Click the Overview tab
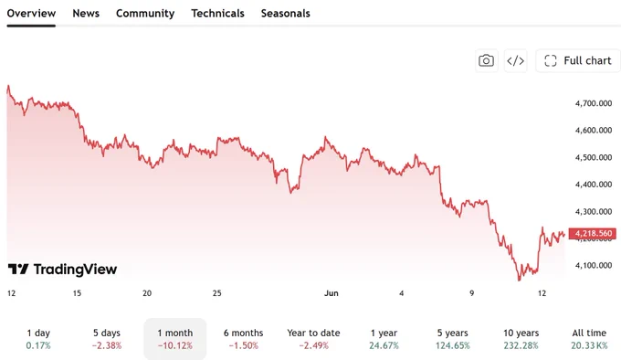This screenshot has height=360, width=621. click(31, 14)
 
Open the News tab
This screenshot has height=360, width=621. click(86, 14)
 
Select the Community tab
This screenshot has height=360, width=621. click(145, 14)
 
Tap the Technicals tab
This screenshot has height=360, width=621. click(218, 14)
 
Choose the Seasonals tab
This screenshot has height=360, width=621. click(286, 14)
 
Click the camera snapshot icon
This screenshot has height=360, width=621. click(487, 60)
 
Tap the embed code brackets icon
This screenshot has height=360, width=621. click(516, 60)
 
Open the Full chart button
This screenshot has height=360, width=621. click(578, 60)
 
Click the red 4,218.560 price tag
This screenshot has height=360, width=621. click(593, 234)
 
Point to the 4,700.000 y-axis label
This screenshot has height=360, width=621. click(594, 103)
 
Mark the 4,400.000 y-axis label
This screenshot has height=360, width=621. click(594, 185)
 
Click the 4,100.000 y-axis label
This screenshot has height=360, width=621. click(594, 265)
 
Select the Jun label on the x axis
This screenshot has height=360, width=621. click(332, 293)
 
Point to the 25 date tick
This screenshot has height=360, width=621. click(217, 293)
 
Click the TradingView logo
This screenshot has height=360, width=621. click(63, 270)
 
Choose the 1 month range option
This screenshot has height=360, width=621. click(175, 339)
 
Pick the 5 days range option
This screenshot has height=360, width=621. click(107, 339)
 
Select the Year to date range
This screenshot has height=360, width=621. click(313, 339)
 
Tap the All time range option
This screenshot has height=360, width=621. click(589, 339)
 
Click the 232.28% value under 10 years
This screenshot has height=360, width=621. click(521, 345)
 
